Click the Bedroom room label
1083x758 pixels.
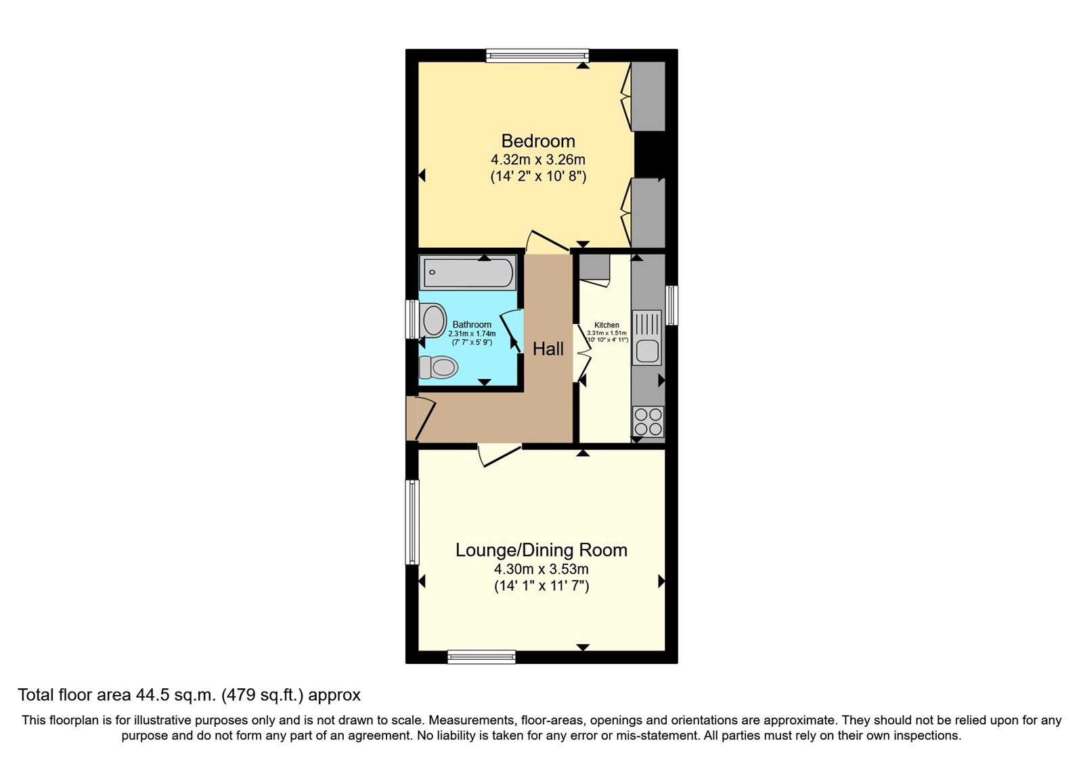coord(538,141)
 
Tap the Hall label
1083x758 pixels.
coord(548,349)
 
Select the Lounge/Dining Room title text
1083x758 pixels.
coord(541,550)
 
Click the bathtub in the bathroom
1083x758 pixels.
coord(467,273)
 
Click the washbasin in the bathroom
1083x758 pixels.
coord(433,320)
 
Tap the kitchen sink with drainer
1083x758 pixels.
coord(646,338)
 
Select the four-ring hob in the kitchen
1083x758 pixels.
coord(648,422)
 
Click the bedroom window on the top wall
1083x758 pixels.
coord(537,55)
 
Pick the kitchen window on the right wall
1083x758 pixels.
coord(671,305)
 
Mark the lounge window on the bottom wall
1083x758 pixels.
coord(481,656)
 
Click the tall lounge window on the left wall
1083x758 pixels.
coord(412,522)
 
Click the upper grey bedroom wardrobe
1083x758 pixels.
coord(648,96)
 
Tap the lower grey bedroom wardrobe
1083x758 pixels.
coord(648,213)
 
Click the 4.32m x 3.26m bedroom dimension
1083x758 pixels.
coord(538,160)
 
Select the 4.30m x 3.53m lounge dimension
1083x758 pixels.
coord(541,569)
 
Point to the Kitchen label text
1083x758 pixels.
coord(606,325)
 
